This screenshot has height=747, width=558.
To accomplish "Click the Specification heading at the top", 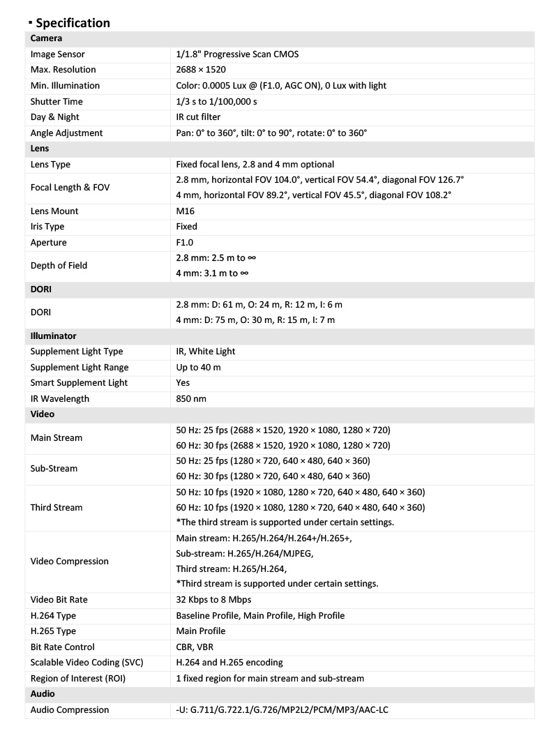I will (73, 23).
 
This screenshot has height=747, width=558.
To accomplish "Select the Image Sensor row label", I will (58, 54).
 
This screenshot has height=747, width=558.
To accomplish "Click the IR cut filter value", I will (198, 117).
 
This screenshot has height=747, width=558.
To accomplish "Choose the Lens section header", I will (40, 149).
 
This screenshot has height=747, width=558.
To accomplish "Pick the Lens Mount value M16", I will (186, 211).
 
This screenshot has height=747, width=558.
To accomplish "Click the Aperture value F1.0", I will (185, 242).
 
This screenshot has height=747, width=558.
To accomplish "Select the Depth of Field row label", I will (59, 266).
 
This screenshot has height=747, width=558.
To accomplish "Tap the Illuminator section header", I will (53, 335).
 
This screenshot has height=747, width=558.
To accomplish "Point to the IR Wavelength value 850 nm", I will (191, 399).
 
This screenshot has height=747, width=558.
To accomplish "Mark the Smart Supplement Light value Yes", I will (183, 383).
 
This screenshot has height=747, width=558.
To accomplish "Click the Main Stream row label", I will (56, 438).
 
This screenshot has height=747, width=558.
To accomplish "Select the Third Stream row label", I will (56, 508).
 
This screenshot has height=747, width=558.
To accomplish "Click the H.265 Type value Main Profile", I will (200, 631).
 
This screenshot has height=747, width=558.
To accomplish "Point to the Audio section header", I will (43, 694).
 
